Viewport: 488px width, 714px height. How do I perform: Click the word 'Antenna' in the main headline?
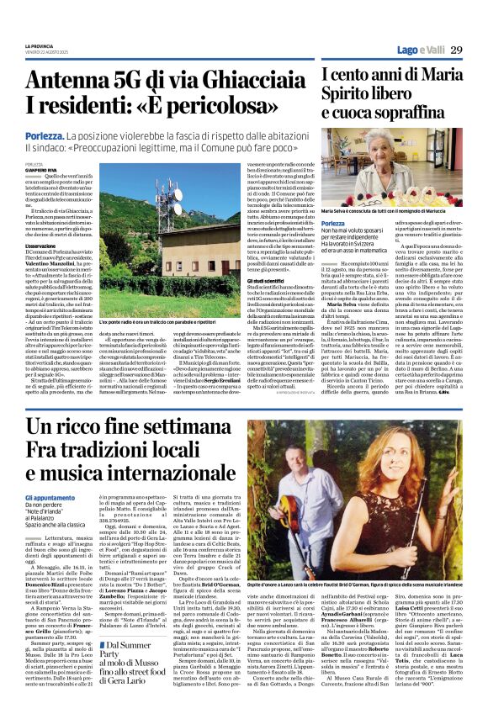point(66,81)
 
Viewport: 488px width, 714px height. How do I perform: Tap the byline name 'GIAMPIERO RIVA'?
point(40,170)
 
